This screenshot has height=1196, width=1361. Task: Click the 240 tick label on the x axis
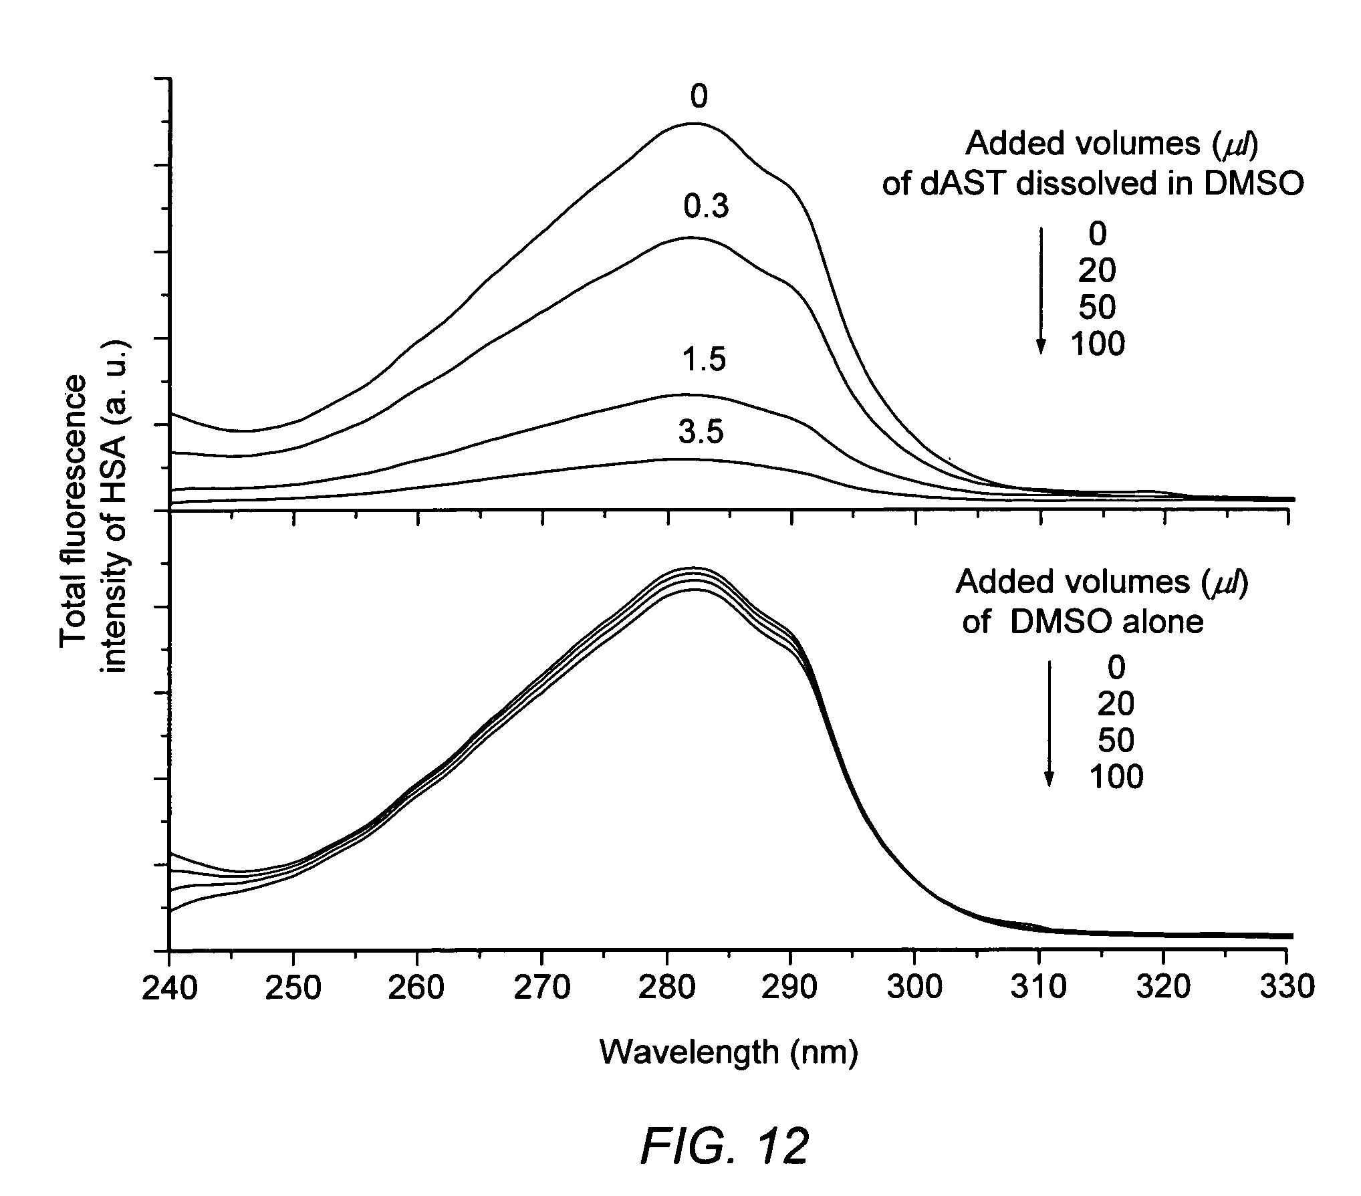170,987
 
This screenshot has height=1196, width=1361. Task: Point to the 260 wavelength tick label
417,987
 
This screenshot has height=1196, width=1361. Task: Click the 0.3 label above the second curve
706,209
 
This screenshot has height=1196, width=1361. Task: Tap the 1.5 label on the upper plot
704,360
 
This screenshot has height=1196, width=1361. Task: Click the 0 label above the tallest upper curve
699,98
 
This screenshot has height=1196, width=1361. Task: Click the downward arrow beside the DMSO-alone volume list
1049,723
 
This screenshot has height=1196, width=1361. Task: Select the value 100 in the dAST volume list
1098,344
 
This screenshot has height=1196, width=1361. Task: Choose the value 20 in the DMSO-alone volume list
1116,703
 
